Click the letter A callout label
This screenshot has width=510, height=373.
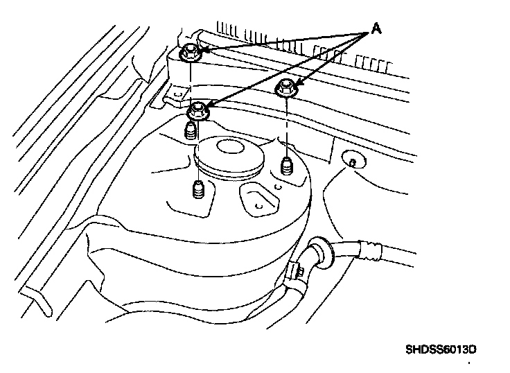[x=376, y=28]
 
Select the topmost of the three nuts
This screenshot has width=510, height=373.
[x=189, y=52]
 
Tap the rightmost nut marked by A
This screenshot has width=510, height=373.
[x=286, y=88]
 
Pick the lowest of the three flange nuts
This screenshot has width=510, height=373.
[x=200, y=110]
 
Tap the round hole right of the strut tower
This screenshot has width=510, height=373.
[x=352, y=162]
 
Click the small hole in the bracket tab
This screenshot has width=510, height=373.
[x=177, y=91]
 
